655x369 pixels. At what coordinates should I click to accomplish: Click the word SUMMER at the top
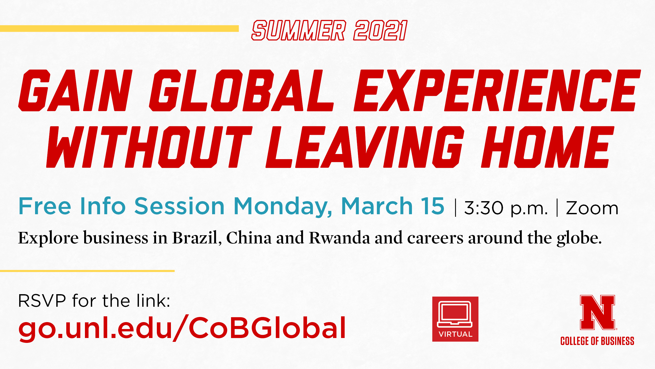coord(299,30)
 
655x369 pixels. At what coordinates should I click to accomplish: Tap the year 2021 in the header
coord(380,30)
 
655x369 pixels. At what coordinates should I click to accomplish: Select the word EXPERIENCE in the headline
coord(497,90)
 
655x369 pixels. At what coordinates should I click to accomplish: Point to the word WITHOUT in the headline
coord(149,147)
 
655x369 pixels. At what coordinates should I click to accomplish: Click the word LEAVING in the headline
coord(365,147)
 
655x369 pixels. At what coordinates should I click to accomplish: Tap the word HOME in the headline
coord(548,147)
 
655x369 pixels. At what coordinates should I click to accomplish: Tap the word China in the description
coord(249,238)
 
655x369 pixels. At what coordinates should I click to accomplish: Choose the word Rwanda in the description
coord(339,238)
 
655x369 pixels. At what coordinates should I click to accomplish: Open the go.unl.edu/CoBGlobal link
coord(182,328)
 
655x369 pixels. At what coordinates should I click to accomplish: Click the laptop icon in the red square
coord(455,314)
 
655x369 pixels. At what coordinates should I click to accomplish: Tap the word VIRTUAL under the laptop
coord(455,334)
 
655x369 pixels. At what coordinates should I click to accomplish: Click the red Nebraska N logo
coord(597,312)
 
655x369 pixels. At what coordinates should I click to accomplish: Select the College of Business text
coord(597,341)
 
